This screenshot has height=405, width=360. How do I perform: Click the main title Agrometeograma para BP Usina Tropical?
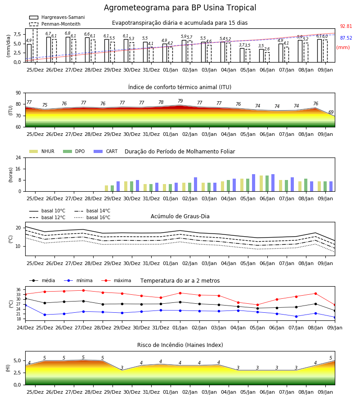(180, 8)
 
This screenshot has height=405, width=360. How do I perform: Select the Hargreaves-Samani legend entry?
(57, 17)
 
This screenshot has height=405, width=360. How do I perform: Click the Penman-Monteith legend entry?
(55, 24)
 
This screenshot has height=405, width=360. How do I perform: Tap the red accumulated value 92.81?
(346, 27)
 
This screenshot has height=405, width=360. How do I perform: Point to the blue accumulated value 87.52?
(346, 38)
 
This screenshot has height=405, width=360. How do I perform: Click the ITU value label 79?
(180, 101)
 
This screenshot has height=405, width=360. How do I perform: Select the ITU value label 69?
(331, 112)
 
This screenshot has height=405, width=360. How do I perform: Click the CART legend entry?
(106, 151)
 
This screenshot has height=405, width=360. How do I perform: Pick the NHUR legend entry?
(42, 151)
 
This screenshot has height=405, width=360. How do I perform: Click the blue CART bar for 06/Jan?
(273, 183)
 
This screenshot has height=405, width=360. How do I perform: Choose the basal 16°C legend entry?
(92, 217)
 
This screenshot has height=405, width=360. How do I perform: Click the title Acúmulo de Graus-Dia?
(180, 216)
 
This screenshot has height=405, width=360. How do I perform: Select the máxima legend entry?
(116, 280)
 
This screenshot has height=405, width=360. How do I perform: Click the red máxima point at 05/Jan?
(257, 305)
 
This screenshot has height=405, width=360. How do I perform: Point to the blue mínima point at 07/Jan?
(296, 316)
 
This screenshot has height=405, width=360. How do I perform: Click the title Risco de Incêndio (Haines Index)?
(180, 345)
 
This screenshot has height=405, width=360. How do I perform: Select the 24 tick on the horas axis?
(18, 157)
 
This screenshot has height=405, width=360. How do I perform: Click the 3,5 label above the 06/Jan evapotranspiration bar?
(261, 46)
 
